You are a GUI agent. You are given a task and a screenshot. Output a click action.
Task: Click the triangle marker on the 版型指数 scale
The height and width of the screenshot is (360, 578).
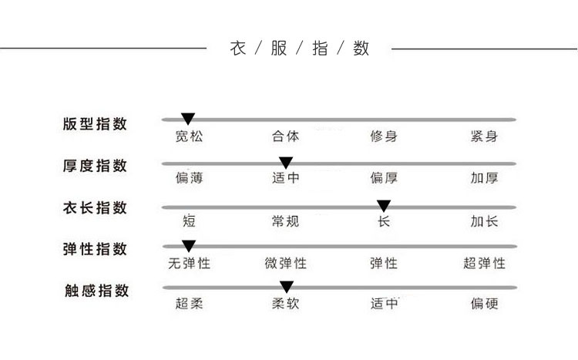tap(188, 118)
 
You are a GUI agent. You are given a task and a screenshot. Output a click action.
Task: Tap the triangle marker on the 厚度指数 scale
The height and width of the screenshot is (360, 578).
tap(286, 163)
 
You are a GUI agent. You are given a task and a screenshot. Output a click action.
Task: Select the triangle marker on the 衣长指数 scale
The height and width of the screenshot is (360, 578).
tap(384, 206)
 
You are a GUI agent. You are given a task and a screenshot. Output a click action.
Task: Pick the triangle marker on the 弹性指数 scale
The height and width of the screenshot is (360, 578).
tap(189, 247)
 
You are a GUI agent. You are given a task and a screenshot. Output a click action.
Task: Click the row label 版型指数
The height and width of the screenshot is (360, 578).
tap(95, 124)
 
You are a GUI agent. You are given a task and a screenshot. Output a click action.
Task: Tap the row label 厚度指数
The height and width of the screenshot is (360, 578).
tap(95, 166)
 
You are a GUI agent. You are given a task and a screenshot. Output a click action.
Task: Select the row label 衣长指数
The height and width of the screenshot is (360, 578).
tap(95, 208)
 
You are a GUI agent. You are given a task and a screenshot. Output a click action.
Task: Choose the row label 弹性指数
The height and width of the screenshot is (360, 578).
tap(95, 250)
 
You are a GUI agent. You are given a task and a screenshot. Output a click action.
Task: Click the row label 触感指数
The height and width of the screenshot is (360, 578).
tap(95, 291)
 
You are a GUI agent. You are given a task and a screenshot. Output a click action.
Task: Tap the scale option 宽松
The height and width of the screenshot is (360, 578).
tap(189, 137)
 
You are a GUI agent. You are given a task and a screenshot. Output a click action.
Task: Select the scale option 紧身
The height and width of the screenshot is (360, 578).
tap(484, 137)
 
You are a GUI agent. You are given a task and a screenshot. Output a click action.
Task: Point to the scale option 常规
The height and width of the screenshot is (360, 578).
tap(286, 222)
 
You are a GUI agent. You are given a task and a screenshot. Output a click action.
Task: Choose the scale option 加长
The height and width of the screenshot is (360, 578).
tap(484, 222)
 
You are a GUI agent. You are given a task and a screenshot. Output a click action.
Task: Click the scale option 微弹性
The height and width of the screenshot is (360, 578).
tap(286, 264)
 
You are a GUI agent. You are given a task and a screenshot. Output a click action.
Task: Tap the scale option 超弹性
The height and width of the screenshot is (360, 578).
tap(484, 264)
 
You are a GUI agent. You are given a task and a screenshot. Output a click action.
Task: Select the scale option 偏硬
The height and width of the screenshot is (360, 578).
tap(484, 304)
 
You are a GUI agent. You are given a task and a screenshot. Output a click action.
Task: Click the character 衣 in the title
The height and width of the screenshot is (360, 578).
tap(238, 49)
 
